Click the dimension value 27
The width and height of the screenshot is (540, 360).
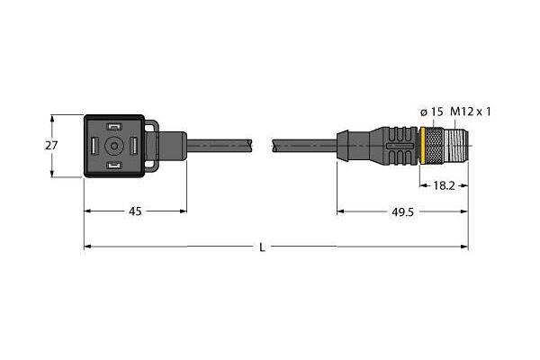point(51,146)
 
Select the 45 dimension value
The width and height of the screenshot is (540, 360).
point(135,211)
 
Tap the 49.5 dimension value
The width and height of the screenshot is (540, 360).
point(402,212)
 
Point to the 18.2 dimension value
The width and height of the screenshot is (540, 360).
point(444,185)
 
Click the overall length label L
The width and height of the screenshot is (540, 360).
point(263,247)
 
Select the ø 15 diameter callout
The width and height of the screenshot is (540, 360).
point(432,112)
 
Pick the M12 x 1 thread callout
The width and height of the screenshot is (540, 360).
point(471,112)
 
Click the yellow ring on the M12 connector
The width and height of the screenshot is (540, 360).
point(423,146)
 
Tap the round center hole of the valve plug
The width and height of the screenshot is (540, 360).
point(114,146)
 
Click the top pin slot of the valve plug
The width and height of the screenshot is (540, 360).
point(114,127)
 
